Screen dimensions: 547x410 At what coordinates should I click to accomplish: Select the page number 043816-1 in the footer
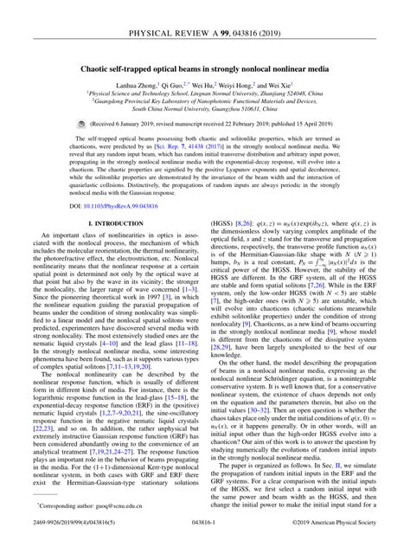[x=204, y=521]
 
